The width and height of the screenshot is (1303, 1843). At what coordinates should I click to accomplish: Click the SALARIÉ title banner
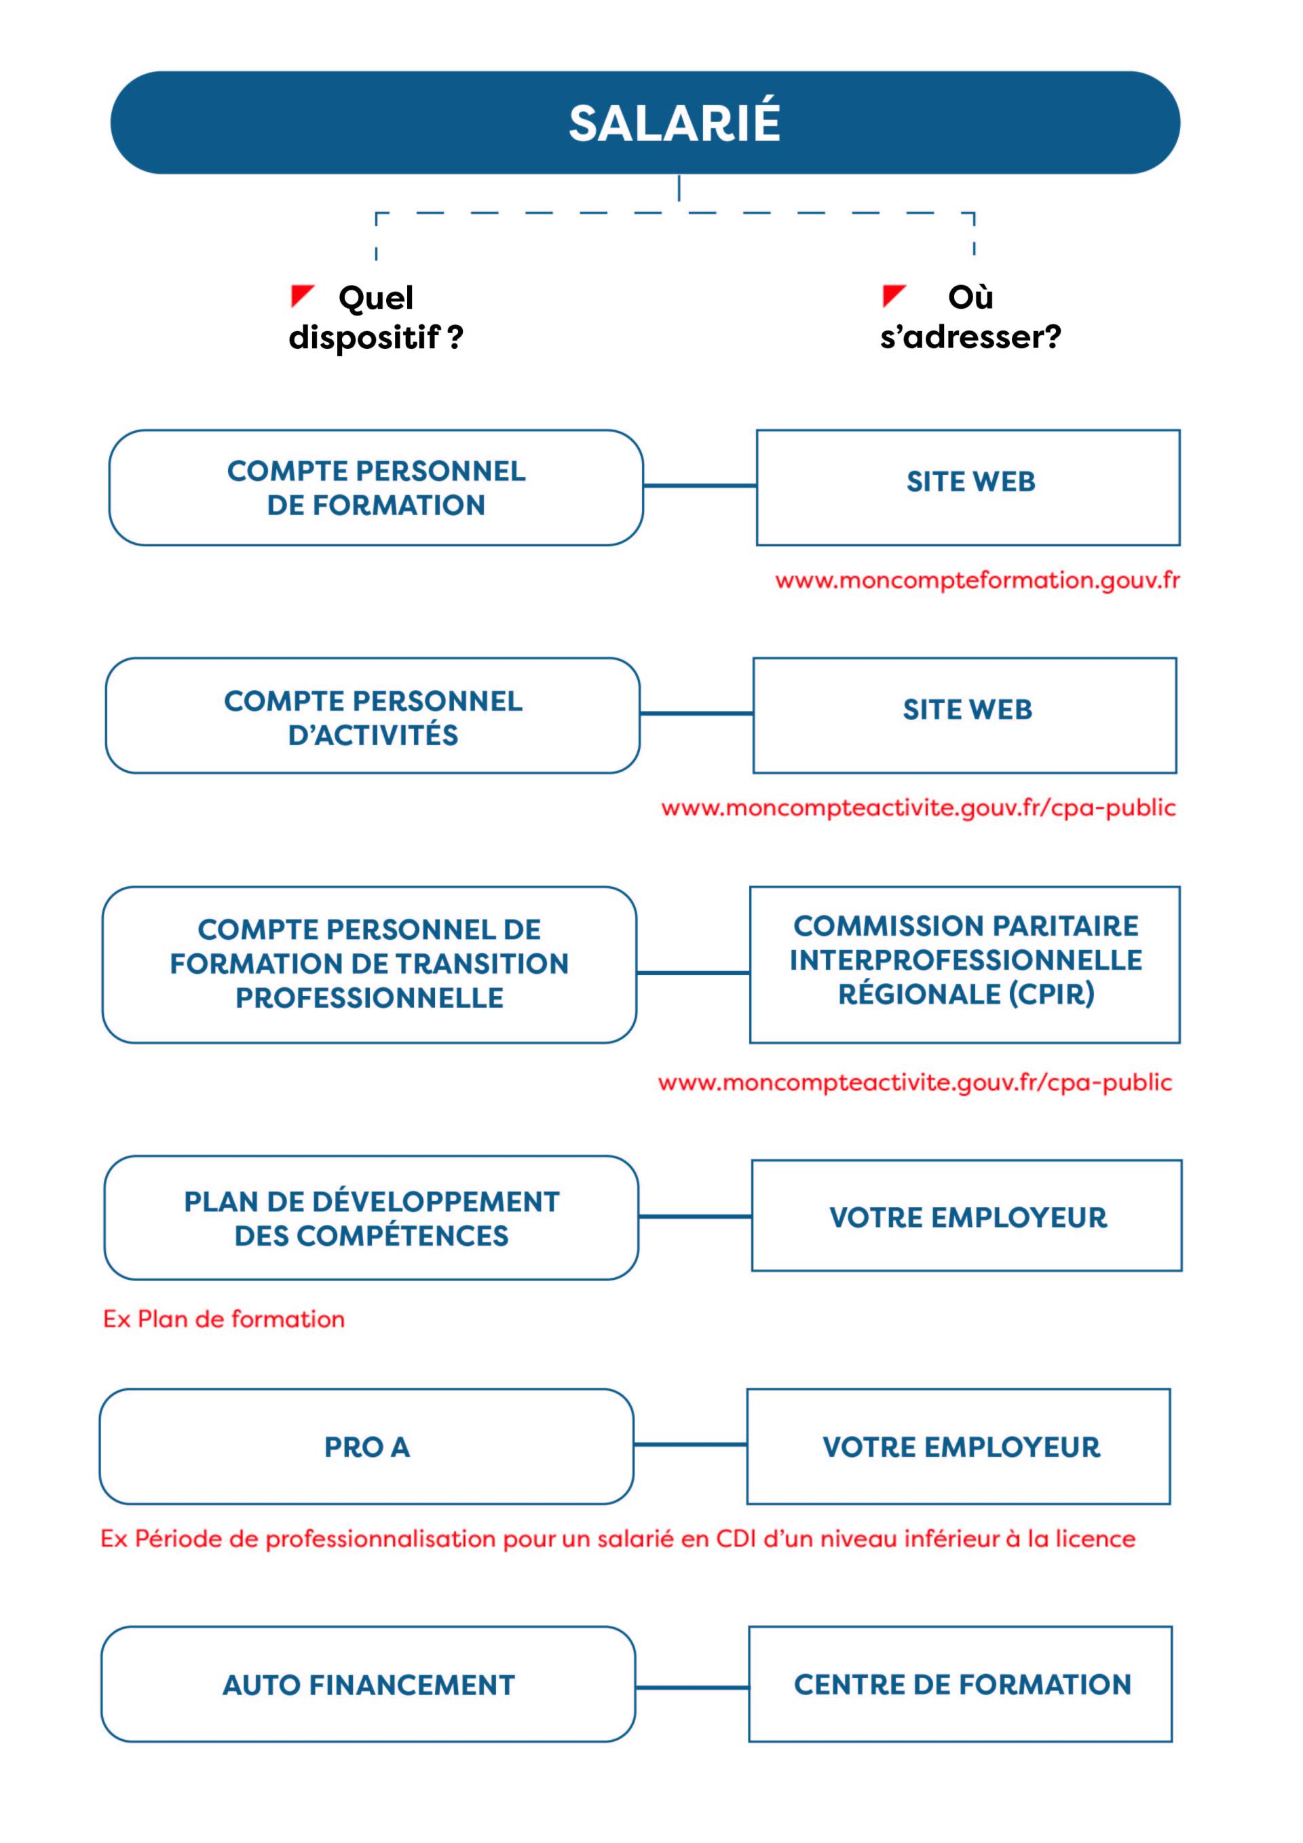click(x=645, y=122)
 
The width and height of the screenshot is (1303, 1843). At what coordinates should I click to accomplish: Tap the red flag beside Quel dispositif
click(x=301, y=295)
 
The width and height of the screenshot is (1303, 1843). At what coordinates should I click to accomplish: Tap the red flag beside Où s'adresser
click(x=892, y=294)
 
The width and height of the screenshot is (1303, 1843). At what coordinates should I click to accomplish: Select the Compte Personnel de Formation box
click(x=376, y=487)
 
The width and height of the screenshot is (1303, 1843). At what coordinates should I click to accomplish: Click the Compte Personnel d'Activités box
click(x=373, y=716)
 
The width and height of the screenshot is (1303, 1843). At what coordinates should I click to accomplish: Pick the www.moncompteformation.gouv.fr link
click(x=977, y=580)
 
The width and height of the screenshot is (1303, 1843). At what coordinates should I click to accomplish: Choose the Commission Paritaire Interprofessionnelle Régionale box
click(x=965, y=964)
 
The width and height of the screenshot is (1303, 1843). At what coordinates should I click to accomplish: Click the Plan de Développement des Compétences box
click(x=371, y=1217)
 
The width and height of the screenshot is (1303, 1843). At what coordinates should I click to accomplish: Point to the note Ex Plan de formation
click(x=224, y=1319)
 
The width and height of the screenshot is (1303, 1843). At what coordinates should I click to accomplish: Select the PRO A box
click(x=367, y=1447)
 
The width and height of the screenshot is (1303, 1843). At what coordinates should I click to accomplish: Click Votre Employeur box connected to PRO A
click(x=958, y=1447)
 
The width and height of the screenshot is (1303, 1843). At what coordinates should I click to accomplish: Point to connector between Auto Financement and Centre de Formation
click(x=692, y=1688)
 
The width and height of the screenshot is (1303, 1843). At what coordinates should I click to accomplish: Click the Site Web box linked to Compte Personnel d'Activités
click(x=965, y=715)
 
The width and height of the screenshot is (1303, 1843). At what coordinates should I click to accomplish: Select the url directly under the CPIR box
click(x=915, y=1083)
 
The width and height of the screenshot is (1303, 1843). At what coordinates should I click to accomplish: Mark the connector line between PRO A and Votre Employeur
click(x=690, y=1445)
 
